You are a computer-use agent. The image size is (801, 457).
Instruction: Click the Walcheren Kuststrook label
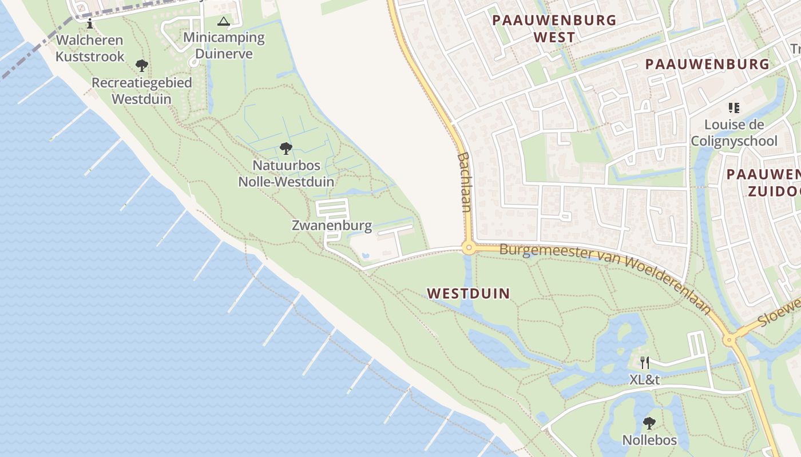click(90, 48)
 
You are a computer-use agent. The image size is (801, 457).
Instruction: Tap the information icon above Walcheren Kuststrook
click(89, 23)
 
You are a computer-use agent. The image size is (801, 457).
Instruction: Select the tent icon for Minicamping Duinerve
click(224, 22)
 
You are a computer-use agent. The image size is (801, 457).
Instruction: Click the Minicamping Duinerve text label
click(224, 46)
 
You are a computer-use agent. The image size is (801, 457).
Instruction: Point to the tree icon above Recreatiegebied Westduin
click(141, 66)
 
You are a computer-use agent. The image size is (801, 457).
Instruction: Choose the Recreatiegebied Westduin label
click(141, 90)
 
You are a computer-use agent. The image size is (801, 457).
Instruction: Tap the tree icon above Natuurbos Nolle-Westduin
click(285, 149)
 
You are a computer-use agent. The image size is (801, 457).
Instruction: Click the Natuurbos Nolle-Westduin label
click(285, 174)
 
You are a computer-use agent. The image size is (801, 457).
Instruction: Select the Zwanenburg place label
click(332, 226)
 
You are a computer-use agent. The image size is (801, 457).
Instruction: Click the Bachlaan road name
click(464, 182)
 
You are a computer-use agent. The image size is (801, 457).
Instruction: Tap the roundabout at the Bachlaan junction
click(469, 248)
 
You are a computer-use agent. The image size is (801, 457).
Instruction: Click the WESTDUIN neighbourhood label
click(468, 294)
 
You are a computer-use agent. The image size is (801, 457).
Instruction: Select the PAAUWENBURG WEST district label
click(554, 29)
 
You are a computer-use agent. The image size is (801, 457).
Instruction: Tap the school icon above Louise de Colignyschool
click(733, 107)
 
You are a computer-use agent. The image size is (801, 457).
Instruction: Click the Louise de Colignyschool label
click(733, 133)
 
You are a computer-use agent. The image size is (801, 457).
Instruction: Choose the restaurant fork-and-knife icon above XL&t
click(645, 362)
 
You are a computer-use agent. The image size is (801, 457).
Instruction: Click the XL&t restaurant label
click(645, 379)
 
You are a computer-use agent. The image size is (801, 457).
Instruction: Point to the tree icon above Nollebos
click(649, 423)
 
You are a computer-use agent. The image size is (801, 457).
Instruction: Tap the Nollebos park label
click(649, 440)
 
